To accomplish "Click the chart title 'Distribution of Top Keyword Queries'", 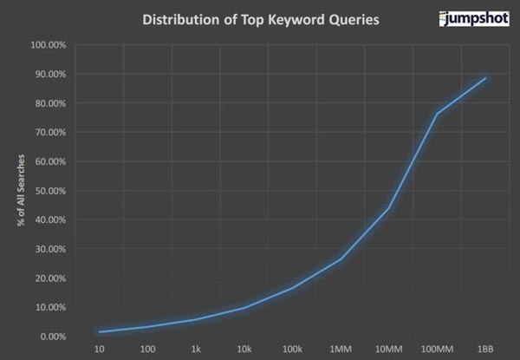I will pyautogui.click(x=250, y=19).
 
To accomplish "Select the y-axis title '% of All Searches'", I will pyautogui.click(x=19, y=189).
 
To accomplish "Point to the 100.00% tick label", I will pyautogui.click(x=49, y=44).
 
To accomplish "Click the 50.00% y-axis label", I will pyautogui.click(x=50, y=190).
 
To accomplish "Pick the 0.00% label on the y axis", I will pyautogui.click(x=52, y=336).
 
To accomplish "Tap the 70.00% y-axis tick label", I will pyautogui.click(x=50, y=132).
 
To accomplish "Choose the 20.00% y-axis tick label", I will pyautogui.click(x=50, y=278).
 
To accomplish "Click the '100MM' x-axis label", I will pyautogui.click(x=438, y=349).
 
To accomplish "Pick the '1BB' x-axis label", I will pyautogui.click(x=486, y=349).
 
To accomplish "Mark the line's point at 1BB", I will pyautogui.click(x=486, y=78).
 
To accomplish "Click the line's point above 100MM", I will pyautogui.click(x=438, y=114).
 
